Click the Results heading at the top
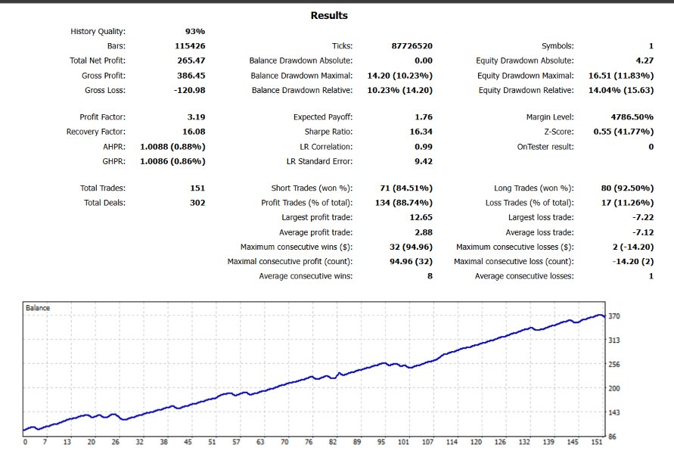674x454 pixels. pos(329,15)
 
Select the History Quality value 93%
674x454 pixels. pos(195,32)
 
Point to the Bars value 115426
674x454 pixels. pos(190,46)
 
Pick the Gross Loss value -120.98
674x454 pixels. pos(188,91)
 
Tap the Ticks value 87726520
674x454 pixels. pos(412,46)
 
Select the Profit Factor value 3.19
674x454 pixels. pos(195,117)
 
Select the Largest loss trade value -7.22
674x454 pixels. pos(640,217)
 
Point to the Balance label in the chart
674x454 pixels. pos(39,308)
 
